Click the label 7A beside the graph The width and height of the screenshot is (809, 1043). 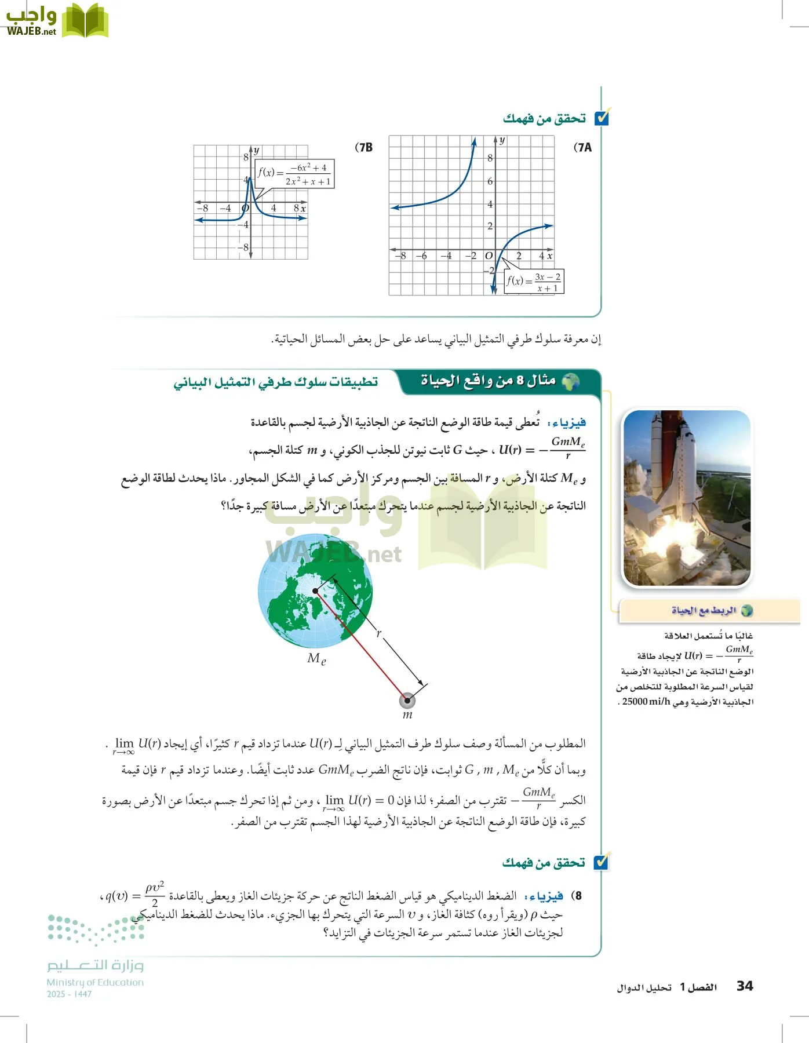[582, 147]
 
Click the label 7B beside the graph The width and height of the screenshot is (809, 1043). [363, 147]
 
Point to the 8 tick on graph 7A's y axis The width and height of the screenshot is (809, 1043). [490, 158]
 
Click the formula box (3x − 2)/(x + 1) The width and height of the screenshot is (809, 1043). [534, 282]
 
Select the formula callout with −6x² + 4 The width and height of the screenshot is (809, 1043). [294, 174]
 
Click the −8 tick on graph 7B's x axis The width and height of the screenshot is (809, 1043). [202, 208]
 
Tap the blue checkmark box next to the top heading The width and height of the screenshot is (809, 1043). [602, 118]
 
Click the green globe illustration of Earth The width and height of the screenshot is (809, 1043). [315, 591]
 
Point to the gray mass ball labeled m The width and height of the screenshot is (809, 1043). [407, 701]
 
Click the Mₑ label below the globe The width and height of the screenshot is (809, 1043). [316, 658]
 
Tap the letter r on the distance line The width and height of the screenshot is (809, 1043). [379, 633]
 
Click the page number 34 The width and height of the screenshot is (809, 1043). [745, 986]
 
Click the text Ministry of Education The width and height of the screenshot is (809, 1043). [95, 982]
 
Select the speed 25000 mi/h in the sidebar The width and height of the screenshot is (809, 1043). [646, 702]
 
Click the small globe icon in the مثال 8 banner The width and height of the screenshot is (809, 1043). [571, 381]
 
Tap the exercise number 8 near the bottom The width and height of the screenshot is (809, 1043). [578, 896]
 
